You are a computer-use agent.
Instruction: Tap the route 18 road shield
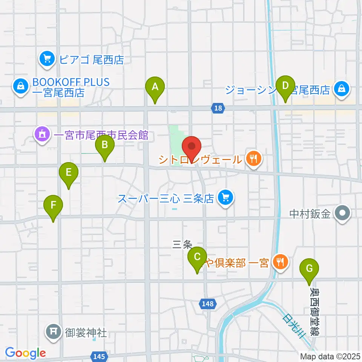tap(218, 108)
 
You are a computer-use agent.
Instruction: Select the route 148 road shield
tap(207, 304)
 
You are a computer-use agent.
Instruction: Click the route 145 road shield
tap(97, 356)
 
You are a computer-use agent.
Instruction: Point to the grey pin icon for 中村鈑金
tap(342, 214)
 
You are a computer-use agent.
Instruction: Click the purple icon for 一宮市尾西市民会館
tap(41, 135)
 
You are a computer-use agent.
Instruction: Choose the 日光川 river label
tap(293, 325)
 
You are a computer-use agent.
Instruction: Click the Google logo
tap(25, 353)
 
